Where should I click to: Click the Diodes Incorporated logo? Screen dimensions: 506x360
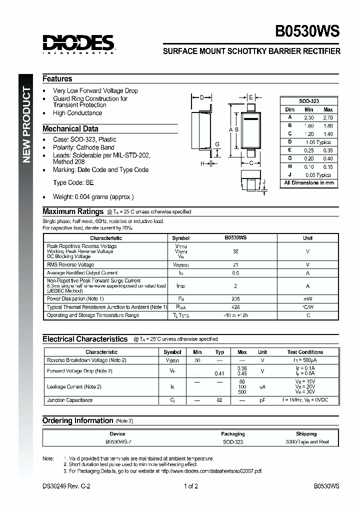click(78, 43)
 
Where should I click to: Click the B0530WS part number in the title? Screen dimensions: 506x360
click(307, 31)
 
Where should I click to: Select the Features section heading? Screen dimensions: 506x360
click(57, 78)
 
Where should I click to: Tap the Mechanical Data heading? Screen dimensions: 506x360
click(70, 128)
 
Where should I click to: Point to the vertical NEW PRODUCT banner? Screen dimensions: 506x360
click(27, 125)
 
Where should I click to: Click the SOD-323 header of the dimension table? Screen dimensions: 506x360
click(308, 101)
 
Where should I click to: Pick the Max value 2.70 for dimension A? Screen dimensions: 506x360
click(327, 117)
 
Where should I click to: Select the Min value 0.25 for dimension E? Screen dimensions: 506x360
click(309, 150)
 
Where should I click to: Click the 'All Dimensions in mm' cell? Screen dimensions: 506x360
click(308, 183)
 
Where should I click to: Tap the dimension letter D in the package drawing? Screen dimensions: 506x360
click(201, 97)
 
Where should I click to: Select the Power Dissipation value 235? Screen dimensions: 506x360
click(235, 298)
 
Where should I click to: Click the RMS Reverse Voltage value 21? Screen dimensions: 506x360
click(235, 264)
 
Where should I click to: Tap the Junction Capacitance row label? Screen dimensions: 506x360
click(69, 400)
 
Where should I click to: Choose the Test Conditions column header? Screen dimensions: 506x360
click(305, 352)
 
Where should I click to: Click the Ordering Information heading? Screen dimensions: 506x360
click(77, 420)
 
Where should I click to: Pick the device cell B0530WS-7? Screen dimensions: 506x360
click(117, 442)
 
